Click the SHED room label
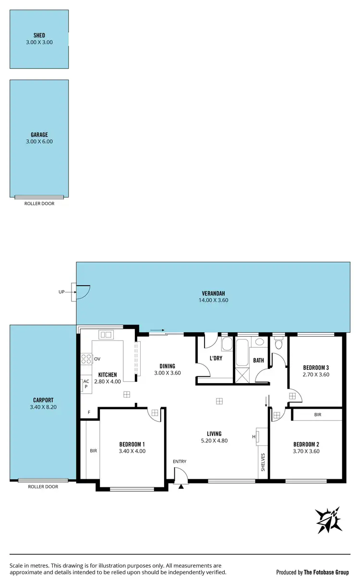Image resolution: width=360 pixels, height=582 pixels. click(39, 36)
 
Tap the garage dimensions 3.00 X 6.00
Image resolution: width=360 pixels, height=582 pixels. click(39, 142)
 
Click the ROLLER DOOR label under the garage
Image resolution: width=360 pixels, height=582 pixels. click(39, 204)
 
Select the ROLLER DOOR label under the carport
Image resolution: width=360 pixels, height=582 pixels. click(43, 486)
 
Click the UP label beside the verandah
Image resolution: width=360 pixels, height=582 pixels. click(61, 291)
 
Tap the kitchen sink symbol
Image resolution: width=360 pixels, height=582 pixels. click(106, 334)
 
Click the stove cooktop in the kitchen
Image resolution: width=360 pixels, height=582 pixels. click(86, 359)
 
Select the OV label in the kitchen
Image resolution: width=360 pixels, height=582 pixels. click(97, 359)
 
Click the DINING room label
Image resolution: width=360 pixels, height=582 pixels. click(168, 366)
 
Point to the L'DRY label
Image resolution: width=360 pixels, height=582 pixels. click(216, 358)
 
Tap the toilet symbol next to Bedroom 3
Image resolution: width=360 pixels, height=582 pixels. click(278, 344)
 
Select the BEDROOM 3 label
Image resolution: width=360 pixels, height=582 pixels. click(315, 367)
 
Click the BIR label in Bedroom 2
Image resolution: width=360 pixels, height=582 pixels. click(318, 414)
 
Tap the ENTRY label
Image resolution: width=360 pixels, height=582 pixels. click(180, 461)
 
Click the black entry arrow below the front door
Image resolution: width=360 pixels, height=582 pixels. click(181, 486)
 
